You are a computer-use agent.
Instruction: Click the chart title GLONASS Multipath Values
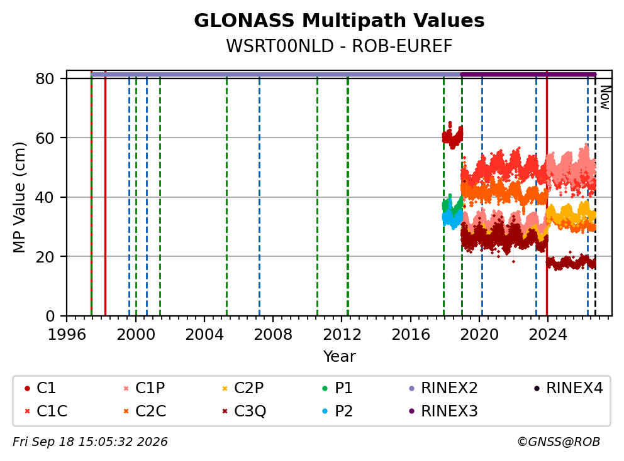coord(339,21)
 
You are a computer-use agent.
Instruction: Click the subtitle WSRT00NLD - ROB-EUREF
coord(339,46)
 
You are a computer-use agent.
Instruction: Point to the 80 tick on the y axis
coord(45,79)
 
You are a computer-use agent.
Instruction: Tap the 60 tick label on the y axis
coord(45,138)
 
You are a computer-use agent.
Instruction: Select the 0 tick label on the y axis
coord(50,317)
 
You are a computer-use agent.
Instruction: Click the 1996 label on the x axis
coord(67,335)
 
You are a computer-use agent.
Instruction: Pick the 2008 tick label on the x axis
coord(273,335)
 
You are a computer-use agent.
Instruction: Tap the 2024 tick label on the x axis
coord(548,335)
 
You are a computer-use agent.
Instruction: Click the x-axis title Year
coord(339,357)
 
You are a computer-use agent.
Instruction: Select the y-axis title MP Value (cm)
coord(19,197)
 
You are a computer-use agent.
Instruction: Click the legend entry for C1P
coord(144,388)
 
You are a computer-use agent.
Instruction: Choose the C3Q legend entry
coord(244,411)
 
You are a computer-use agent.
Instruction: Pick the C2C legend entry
coord(145,411)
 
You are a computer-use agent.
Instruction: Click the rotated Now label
coord(605,98)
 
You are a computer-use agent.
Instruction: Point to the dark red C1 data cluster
coord(452,136)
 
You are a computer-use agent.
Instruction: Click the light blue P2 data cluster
coord(452,217)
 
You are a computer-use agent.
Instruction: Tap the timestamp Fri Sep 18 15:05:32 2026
coord(90,442)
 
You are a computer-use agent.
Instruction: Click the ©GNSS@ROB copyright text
coord(559,442)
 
